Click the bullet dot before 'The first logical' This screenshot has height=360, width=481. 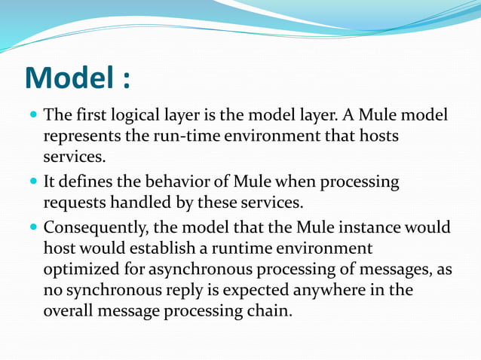[32, 117]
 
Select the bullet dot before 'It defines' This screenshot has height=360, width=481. [32, 182]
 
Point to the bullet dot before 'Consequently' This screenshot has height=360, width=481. [32, 227]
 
